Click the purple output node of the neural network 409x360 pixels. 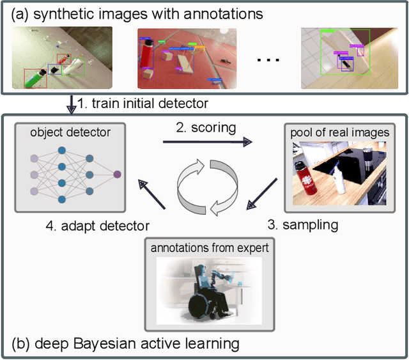click(117, 174)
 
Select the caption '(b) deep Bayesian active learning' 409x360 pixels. click(125, 344)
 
